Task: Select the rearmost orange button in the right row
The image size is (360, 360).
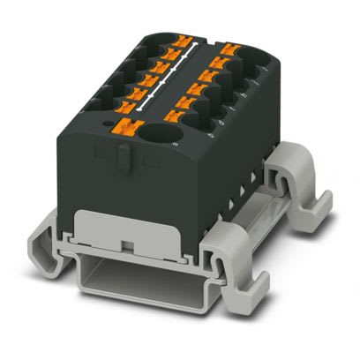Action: tap(232, 49)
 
